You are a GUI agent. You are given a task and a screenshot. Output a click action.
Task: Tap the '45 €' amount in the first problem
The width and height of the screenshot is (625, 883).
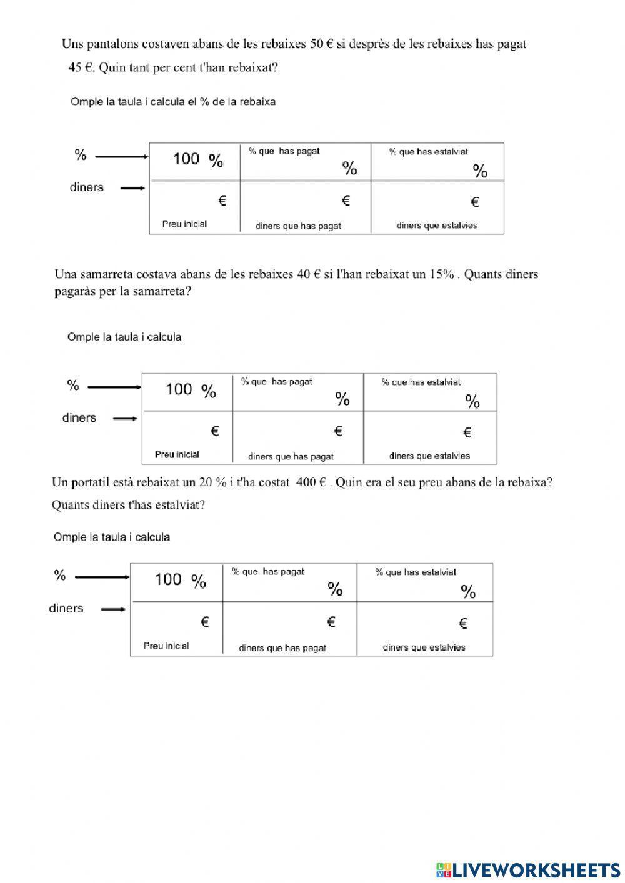(81, 68)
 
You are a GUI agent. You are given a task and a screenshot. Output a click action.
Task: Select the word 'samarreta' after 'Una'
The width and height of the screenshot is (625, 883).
(109, 274)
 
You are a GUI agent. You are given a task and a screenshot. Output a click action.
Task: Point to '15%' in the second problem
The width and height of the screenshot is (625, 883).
(441, 274)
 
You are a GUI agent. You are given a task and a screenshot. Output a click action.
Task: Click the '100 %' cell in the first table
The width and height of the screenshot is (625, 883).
(197, 160)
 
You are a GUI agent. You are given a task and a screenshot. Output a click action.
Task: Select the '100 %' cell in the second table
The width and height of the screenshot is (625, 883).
(190, 391)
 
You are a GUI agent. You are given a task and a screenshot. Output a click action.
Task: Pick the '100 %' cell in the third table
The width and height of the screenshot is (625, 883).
(179, 581)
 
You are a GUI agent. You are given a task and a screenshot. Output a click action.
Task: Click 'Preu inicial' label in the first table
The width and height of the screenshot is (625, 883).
(184, 224)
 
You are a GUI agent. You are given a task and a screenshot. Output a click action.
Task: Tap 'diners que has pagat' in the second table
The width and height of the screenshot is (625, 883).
(291, 457)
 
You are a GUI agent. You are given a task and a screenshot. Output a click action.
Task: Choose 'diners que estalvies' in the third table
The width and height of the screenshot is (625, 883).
(424, 647)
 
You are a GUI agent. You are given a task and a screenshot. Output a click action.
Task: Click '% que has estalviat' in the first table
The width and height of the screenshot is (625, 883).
(428, 152)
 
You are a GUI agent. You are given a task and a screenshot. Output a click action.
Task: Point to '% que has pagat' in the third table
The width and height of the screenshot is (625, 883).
(268, 572)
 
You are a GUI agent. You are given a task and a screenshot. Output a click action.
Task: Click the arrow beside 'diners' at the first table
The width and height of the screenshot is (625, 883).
(132, 188)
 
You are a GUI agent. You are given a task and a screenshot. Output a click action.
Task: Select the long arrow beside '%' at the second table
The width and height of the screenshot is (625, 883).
(114, 387)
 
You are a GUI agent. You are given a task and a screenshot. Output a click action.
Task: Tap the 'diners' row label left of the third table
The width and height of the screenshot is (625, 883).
(66, 609)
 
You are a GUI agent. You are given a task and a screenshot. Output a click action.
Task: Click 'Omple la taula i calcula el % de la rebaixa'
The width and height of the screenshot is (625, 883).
(173, 102)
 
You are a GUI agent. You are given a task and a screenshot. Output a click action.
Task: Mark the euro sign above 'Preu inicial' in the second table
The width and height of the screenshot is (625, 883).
(214, 431)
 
